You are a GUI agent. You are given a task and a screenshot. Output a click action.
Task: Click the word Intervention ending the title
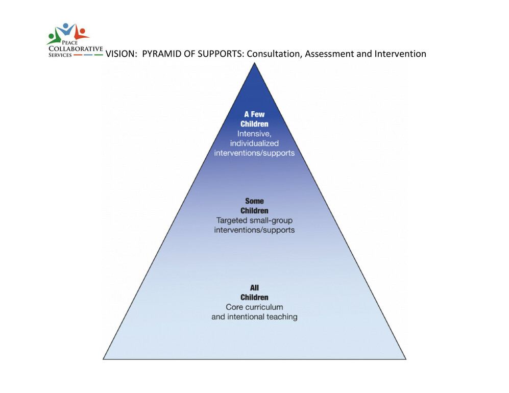click(400, 54)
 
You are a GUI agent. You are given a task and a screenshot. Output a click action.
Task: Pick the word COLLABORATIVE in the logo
click(76, 48)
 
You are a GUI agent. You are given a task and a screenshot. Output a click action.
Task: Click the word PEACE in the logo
click(70, 42)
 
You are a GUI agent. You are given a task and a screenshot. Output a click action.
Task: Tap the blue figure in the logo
click(67, 29)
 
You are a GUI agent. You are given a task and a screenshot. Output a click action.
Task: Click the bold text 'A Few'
click(254, 114)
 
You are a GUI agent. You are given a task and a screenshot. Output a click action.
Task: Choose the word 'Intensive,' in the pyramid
click(254, 134)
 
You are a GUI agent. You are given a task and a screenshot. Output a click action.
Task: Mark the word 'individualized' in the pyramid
click(254, 143)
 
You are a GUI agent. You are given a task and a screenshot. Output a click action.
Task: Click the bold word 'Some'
click(254, 201)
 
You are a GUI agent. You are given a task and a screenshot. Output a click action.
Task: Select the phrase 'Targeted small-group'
click(254, 220)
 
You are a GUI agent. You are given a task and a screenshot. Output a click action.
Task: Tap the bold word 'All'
click(254, 287)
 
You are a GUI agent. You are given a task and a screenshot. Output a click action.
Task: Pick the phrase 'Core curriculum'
click(254, 307)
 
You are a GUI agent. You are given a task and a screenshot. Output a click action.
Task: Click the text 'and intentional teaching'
click(254, 317)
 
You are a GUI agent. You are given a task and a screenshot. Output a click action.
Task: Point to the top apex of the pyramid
click(254, 63)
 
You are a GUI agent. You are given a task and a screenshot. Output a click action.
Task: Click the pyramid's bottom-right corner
click(406, 359)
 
